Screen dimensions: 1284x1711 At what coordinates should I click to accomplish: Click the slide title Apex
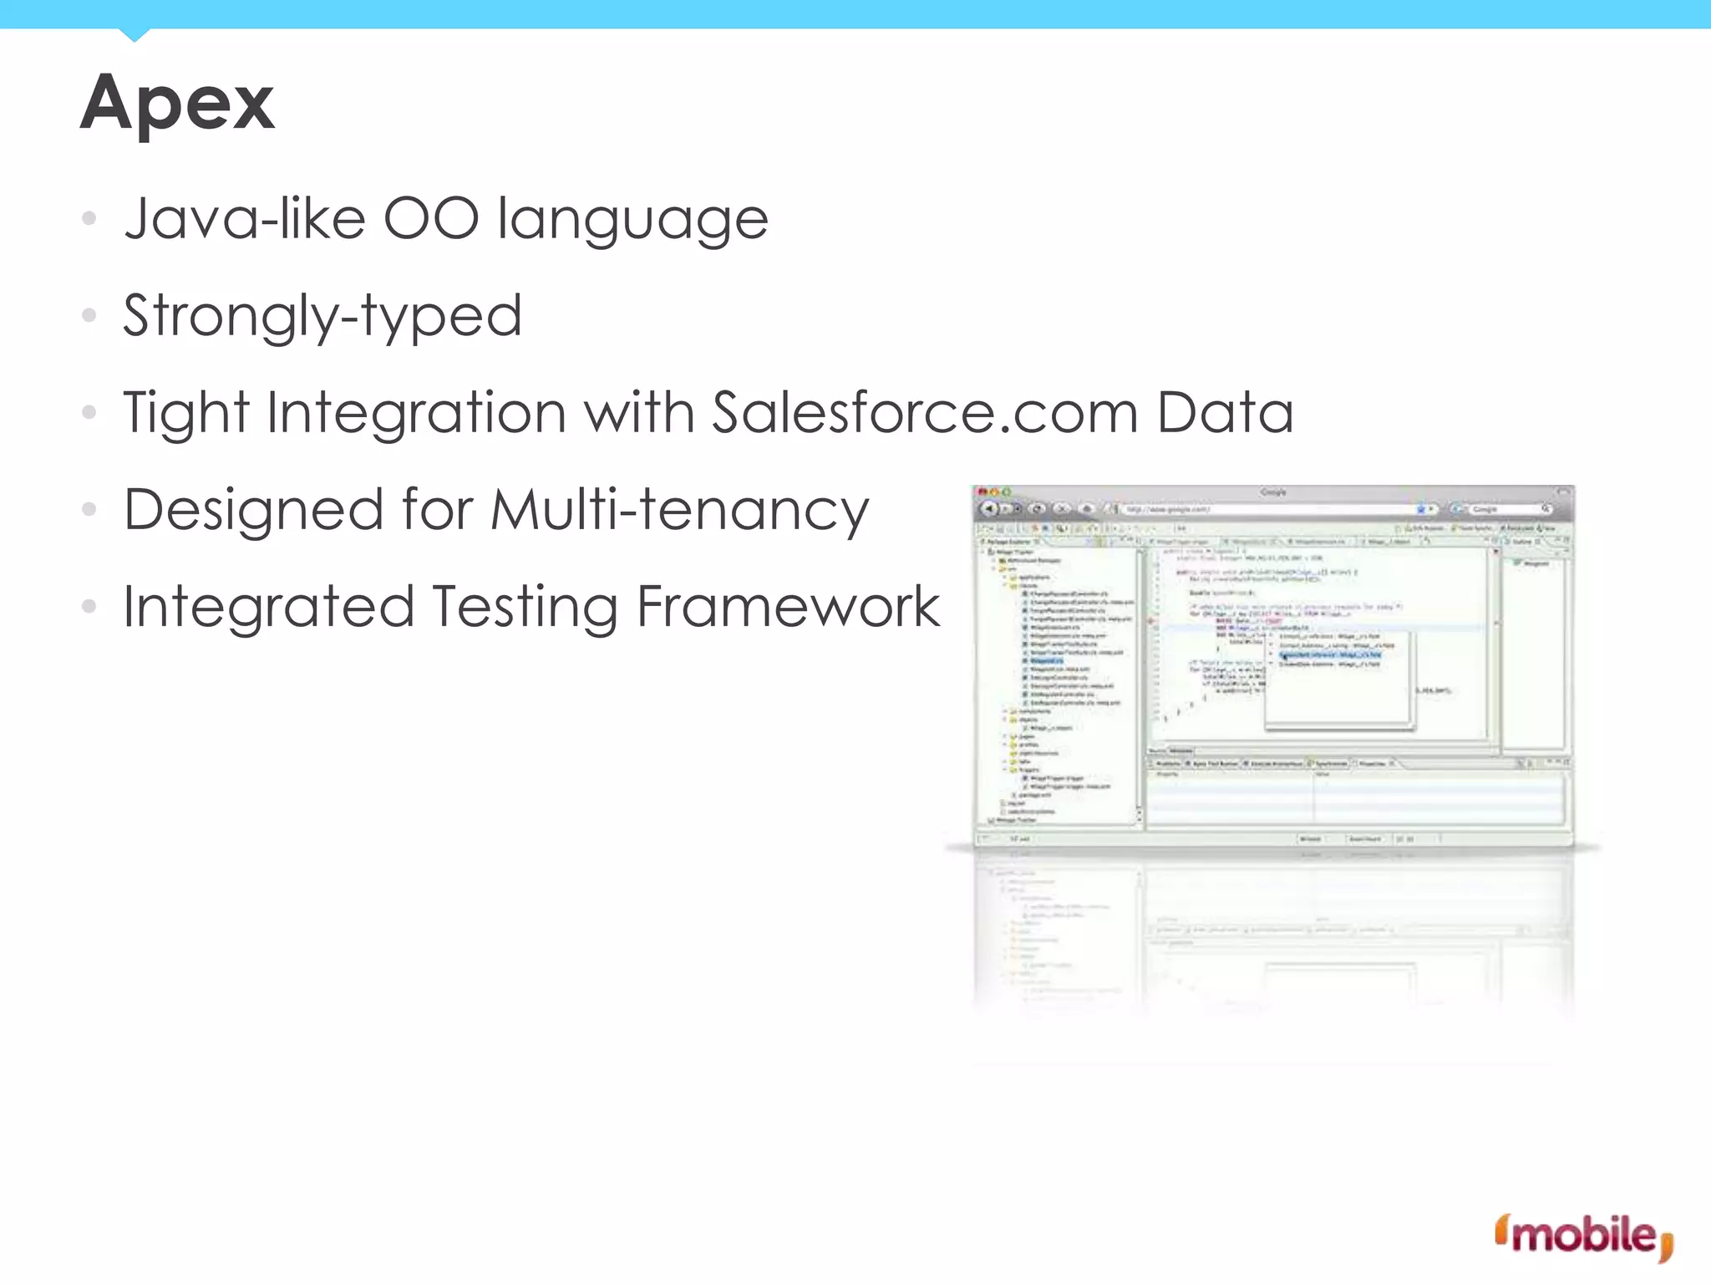177,103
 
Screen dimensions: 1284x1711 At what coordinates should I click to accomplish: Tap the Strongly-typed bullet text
322,317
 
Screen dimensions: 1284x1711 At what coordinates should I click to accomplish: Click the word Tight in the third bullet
186,413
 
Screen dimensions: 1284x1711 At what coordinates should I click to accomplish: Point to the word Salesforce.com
925,413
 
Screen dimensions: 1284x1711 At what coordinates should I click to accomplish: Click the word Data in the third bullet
1225,413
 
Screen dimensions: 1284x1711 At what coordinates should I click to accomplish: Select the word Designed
253,510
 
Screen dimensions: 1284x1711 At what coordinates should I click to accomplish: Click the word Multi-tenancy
679,510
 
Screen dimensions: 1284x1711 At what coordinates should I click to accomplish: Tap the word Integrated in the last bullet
268,607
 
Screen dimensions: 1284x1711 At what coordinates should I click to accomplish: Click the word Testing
525,607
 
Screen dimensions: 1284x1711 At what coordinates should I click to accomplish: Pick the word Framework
788,607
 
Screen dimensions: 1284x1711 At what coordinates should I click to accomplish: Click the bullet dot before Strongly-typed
89,316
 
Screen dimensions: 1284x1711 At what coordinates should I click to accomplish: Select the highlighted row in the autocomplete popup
1330,655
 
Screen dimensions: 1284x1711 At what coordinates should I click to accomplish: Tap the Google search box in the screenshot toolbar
1504,509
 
